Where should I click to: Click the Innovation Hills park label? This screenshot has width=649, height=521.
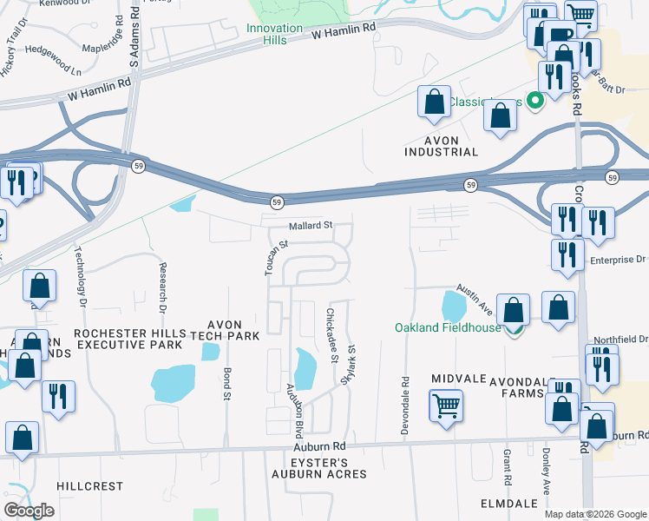[x=274, y=34]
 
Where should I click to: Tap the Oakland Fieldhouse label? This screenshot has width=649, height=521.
[x=448, y=327]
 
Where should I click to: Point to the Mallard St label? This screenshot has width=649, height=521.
[x=311, y=226]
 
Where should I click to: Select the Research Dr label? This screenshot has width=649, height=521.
[x=162, y=286]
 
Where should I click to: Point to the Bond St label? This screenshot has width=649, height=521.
[x=227, y=383]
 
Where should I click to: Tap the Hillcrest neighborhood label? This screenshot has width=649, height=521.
[x=90, y=486]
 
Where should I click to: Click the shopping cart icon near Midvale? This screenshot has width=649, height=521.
[x=446, y=406]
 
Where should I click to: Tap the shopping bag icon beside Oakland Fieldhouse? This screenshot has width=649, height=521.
[x=514, y=311]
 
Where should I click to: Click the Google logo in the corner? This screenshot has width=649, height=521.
[x=29, y=511]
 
